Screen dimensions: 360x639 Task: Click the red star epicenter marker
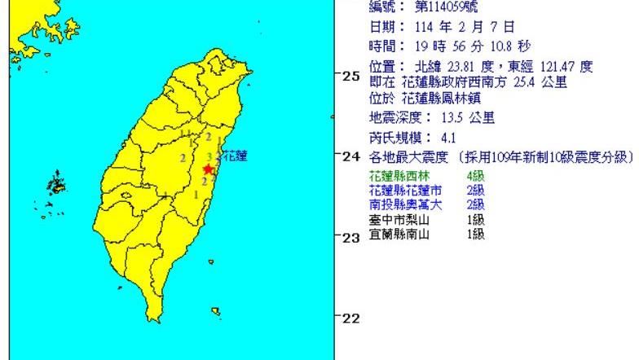click(209, 169)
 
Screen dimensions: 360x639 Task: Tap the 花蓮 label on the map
click(235, 155)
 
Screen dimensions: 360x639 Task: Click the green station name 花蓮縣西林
click(399, 176)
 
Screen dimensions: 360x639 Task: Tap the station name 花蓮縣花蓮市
click(403, 190)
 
